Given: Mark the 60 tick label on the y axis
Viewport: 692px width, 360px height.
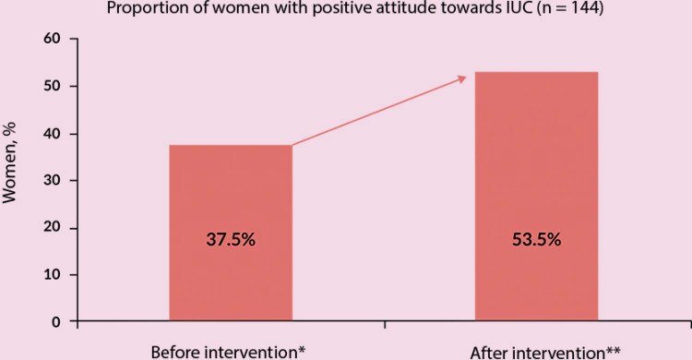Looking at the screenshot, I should coord(55,40).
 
